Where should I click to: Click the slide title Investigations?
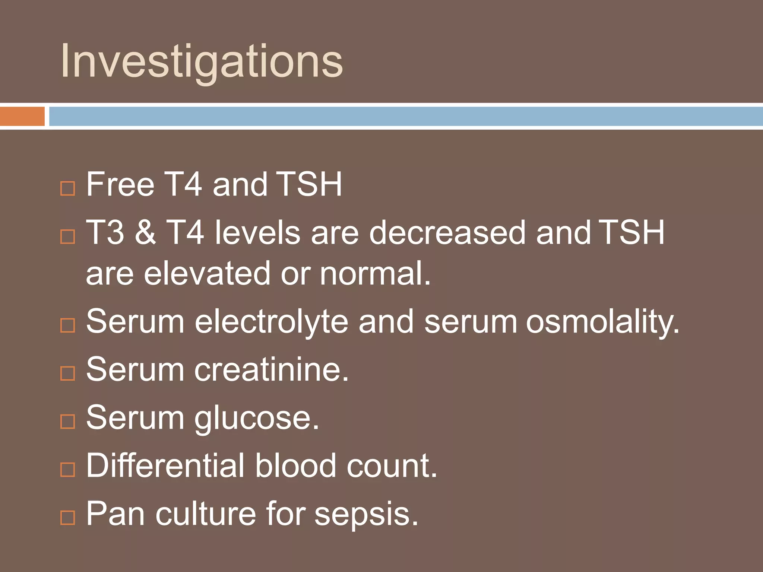point(201,61)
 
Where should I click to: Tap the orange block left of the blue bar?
point(22,116)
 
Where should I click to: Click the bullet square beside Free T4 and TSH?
point(67,188)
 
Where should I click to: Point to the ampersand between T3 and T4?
point(145,232)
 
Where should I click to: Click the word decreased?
point(447,232)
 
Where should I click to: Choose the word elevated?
point(207,273)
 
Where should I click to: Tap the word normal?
point(374,273)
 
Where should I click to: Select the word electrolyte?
point(272,322)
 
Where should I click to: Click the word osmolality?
point(602,322)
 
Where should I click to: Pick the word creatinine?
point(271,369)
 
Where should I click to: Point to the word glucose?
point(256,418)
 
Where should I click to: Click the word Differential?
point(165,465)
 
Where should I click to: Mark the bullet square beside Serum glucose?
point(67,422)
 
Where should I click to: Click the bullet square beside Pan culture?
point(67,518)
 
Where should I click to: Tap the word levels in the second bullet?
point(257,232)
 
